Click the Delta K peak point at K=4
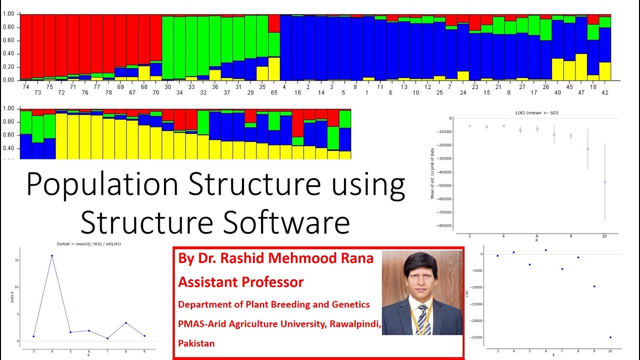(52, 255)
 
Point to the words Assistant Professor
(240, 282)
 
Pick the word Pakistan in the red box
(196, 343)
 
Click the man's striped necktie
(423, 318)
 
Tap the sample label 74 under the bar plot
(26, 86)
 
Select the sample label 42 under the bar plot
(605, 92)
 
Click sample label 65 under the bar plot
(274, 92)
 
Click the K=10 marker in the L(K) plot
(604, 182)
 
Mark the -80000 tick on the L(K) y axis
(443, 226)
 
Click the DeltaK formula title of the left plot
(88, 243)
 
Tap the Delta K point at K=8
(126, 323)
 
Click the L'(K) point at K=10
(610, 337)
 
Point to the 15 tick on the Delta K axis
(17, 260)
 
